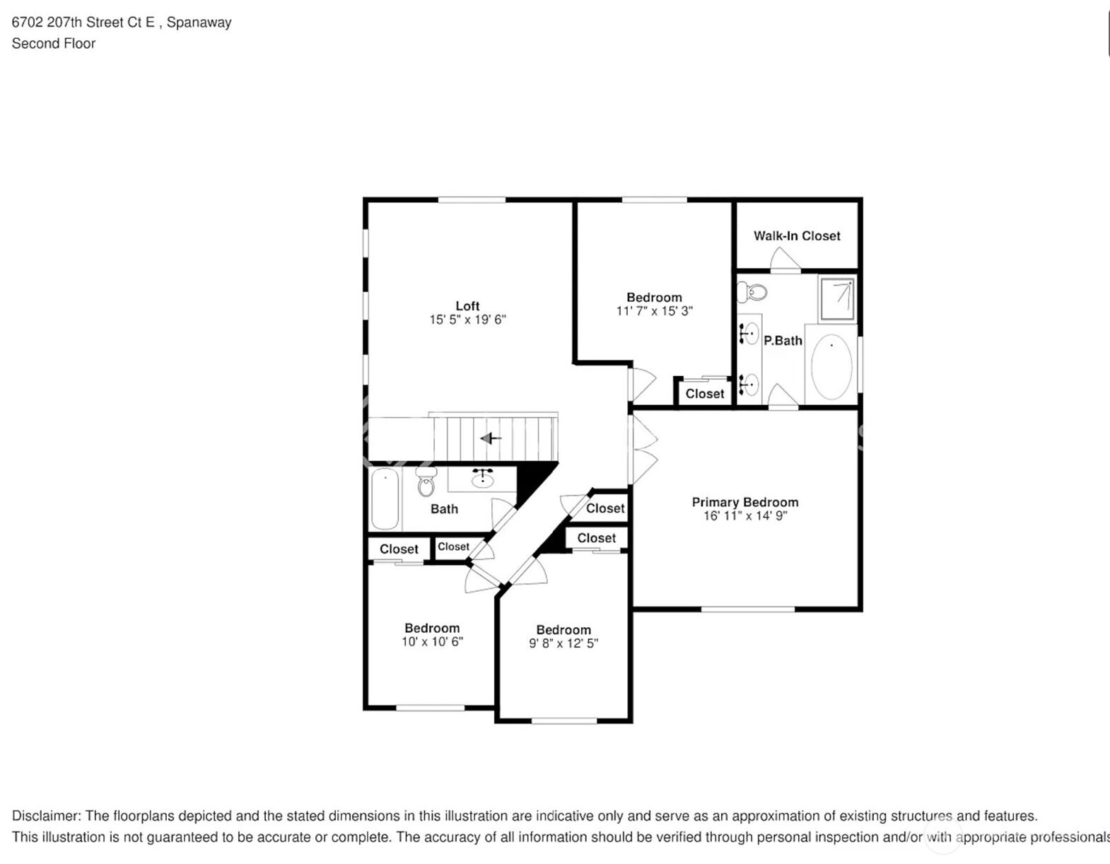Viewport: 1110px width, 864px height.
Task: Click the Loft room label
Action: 467,306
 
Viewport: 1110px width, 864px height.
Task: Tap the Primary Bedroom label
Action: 745,502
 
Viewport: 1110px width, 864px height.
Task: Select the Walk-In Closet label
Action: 797,236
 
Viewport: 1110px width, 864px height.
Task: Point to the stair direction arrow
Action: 491,438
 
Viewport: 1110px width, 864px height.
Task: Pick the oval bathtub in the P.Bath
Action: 831,366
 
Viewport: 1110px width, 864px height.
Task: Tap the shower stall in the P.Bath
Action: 836,298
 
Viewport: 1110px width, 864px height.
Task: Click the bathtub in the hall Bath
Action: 385,499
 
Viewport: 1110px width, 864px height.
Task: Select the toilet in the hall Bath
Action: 426,481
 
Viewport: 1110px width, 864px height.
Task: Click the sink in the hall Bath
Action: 482,479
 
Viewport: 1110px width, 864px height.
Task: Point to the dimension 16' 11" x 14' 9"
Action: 745,515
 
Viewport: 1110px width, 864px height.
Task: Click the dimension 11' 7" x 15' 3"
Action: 655,311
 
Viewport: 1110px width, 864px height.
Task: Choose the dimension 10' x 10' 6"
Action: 432,641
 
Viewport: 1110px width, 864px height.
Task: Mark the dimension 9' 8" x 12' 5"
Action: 563,643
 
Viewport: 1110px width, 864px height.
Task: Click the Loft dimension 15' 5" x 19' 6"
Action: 467,320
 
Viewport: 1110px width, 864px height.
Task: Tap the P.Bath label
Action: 783,341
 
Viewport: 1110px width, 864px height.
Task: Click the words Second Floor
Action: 54,43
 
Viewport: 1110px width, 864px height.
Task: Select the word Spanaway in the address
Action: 199,23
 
